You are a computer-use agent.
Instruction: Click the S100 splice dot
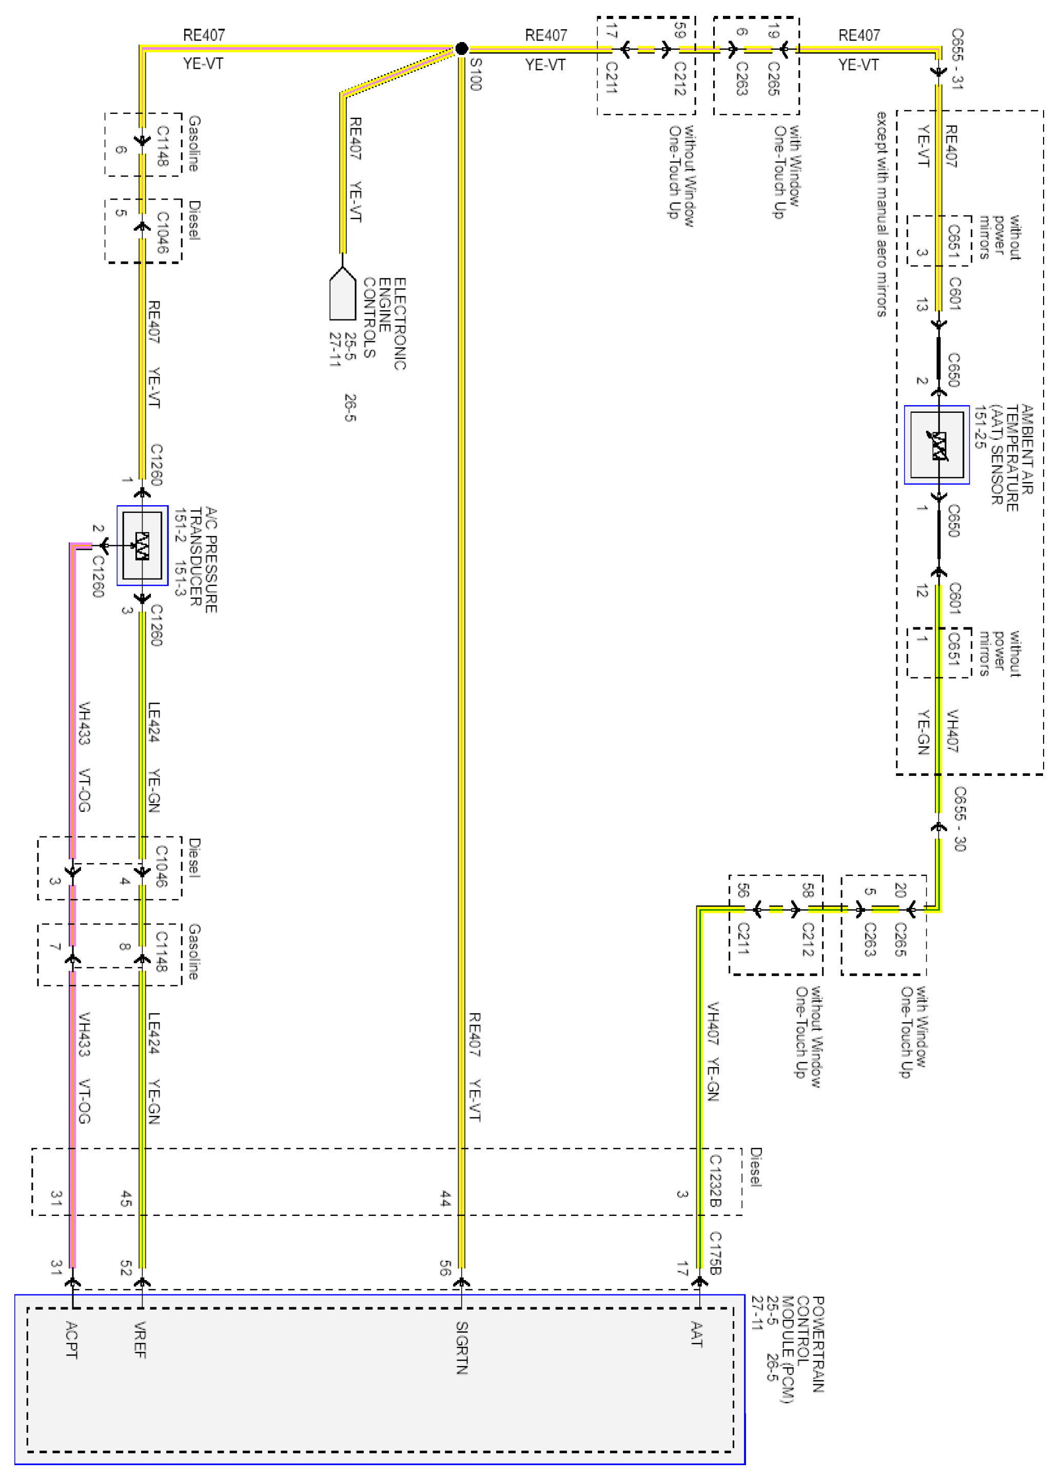tap(461, 48)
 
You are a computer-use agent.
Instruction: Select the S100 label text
tap(476, 74)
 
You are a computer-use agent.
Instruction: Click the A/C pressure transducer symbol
tap(142, 546)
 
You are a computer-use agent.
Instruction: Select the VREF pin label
tap(140, 1340)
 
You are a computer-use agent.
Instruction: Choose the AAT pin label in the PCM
tap(696, 1334)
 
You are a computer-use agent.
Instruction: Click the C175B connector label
tap(715, 1253)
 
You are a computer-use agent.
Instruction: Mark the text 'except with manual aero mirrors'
tap(881, 214)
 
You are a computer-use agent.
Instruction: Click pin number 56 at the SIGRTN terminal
tap(445, 1268)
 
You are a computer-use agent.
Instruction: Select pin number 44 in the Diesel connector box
tap(445, 1198)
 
